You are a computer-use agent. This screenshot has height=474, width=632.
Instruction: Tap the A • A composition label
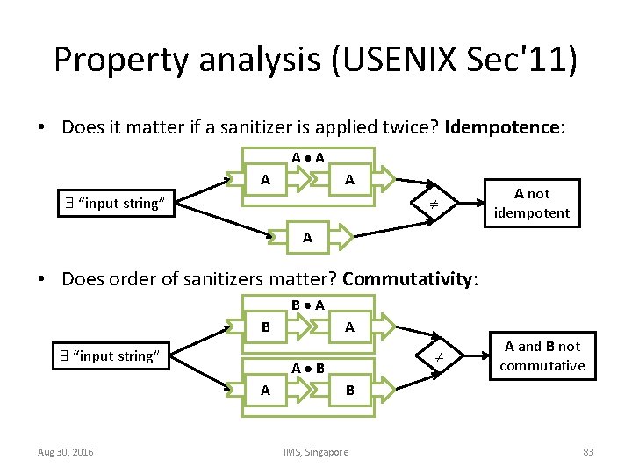[308, 159]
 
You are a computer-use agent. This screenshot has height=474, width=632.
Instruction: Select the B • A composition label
[308, 306]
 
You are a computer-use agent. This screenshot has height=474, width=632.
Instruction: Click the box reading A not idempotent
[531, 203]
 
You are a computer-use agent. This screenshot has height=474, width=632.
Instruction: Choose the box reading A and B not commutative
[542, 355]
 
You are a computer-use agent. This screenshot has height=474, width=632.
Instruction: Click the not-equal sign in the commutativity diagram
[430, 356]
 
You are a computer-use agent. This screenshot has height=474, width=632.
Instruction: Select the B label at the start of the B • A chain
[265, 327]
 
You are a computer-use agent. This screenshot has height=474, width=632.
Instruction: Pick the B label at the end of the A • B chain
[349, 390]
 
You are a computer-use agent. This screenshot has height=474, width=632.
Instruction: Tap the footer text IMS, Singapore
[315, 451]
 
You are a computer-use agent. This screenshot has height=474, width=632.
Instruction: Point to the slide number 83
[588, 451]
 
